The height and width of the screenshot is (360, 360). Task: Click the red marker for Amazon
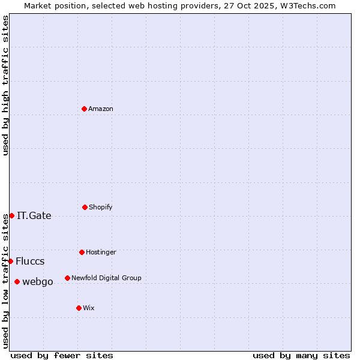pos(85,109)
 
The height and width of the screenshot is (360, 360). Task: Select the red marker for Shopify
pos(85,207)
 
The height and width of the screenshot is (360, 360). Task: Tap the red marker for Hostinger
pos(82,252)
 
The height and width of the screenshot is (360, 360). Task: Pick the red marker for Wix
pos(79,308)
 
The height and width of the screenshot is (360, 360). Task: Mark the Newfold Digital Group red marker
pos(67,278)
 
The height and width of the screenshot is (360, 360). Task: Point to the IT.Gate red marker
pos(11,215)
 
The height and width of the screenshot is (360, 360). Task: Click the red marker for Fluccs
pos(10,261)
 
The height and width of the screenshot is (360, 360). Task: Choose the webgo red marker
pos(17,281)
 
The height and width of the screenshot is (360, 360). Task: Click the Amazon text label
pos(101,109)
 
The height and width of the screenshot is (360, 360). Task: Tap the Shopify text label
pos(101,208)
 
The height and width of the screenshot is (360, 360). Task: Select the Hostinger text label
pos(101,253)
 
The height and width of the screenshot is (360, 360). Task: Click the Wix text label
pos(89,308)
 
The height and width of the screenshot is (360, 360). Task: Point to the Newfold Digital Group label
pos(106,278)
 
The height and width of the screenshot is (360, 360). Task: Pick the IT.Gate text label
pos(34,216)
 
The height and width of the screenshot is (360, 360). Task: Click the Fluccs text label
pos(30,262)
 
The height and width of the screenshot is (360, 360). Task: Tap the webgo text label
pos(38,282)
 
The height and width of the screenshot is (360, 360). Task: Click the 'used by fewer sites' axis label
pos(62,355)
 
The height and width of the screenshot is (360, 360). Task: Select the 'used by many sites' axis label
pos(301,355)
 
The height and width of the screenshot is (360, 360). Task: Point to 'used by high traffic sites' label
pos(6,85)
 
